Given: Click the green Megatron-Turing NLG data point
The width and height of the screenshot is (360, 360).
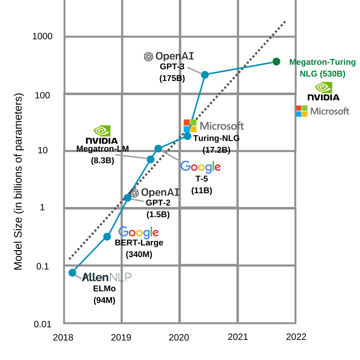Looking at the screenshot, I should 276,61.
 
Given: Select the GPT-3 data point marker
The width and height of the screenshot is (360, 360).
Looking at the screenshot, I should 205,75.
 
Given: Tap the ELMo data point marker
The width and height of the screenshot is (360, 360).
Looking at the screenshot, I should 72,273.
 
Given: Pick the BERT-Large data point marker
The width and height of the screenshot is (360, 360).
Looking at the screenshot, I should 107,237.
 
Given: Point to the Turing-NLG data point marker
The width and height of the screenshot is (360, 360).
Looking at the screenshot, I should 187,136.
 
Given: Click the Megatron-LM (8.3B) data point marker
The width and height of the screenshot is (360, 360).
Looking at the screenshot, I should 151,159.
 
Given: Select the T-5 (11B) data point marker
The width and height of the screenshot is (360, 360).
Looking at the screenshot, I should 158,148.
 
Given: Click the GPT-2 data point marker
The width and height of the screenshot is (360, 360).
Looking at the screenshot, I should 127,198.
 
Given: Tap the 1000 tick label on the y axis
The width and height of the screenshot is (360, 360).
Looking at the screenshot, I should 42,36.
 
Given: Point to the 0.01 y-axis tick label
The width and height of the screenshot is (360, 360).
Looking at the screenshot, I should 43,324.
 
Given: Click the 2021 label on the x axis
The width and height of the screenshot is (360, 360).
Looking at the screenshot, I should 238,337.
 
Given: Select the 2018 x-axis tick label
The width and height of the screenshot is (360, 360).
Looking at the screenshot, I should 63,337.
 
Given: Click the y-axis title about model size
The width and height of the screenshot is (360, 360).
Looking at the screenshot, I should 18,181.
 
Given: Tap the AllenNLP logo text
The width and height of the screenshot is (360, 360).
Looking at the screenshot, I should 106,277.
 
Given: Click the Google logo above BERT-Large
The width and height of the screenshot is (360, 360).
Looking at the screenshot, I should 139,232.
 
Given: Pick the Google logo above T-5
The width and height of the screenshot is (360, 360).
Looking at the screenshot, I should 201,167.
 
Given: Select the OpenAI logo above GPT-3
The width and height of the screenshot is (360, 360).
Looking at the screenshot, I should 169,56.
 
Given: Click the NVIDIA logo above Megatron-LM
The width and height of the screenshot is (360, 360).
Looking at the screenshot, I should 102,135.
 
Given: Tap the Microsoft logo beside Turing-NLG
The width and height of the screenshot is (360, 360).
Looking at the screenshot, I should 214,126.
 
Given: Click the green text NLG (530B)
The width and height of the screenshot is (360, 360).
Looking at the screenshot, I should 322,74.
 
